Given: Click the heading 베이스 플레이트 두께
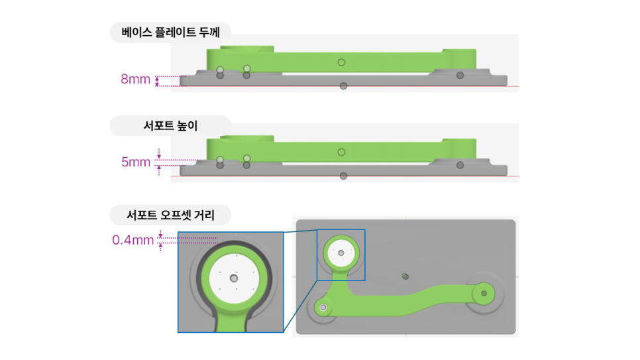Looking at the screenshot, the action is coord(171,32).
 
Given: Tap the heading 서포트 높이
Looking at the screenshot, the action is coord(171,126).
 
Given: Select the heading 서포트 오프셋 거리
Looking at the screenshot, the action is coord(171,215).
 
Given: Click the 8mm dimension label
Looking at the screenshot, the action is coord(136,79).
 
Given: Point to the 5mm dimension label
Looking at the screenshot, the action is coord(136,162).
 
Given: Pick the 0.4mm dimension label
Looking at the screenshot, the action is coord(133,240).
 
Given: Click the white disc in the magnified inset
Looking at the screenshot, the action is coord(235,278).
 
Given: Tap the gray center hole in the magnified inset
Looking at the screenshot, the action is coord(234,278).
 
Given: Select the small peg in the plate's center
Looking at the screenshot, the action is coord(405,276).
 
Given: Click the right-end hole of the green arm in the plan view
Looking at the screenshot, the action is coord(484,294).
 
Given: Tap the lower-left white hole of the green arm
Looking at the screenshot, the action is coord(323,307).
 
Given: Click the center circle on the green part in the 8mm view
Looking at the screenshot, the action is coord(342,62).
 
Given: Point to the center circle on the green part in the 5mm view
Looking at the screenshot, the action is coord(342,152).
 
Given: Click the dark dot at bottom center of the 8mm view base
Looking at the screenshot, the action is coord(344,86).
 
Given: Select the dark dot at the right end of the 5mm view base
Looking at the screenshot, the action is coord(460,165).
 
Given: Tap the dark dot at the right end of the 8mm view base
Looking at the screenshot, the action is coord(460,75).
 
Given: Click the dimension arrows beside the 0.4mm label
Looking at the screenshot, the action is coord(160,240).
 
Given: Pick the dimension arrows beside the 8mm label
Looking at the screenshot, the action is coord(157,81).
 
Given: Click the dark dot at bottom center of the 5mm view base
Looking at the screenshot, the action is coord(344,176).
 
